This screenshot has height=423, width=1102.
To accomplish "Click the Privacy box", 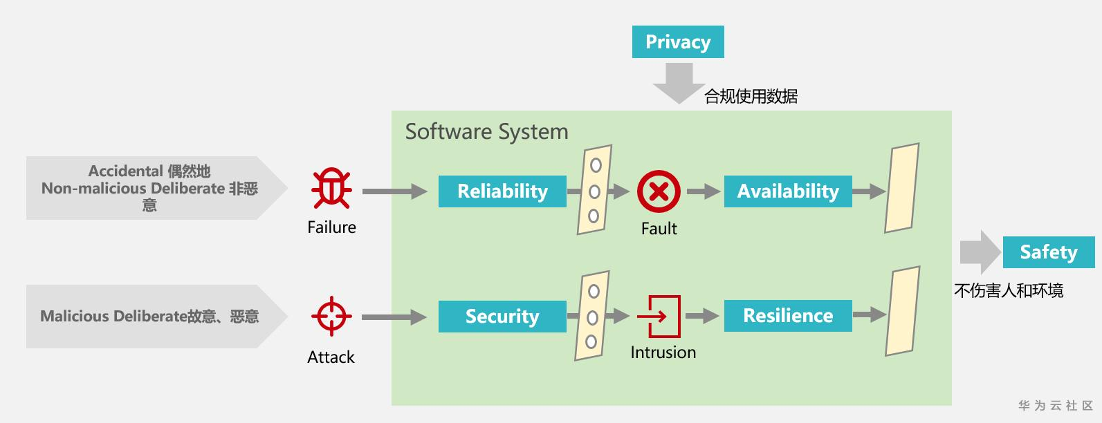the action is [678, 41].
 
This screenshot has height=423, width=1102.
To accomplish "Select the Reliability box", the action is [502, 191].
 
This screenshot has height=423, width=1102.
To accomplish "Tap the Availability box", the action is [788, 191].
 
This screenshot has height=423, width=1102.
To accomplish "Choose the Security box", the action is [502, 317].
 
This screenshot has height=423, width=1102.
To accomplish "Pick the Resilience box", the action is [788, 316].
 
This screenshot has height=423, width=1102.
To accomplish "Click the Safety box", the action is [1049, 252].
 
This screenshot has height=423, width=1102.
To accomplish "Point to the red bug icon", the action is [331, 189].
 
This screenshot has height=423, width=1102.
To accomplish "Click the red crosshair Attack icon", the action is [331, 317].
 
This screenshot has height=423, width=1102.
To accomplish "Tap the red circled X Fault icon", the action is [659, 191].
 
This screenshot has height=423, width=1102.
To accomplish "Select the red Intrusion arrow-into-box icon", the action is [659, 317].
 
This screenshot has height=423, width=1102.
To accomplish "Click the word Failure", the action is [331, 227].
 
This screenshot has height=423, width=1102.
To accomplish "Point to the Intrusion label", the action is [663, 352].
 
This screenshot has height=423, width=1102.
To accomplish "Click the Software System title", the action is [486, 131].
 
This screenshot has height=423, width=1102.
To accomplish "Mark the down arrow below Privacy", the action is [679, 83].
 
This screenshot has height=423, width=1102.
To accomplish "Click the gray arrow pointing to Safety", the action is [980, 252].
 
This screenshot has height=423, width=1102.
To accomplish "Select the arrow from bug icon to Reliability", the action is [395, 191].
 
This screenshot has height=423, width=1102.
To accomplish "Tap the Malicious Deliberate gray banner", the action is [157, 317].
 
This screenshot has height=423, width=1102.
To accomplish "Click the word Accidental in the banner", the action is [125, 171].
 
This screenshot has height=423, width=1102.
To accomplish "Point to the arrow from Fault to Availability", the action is [704, 191].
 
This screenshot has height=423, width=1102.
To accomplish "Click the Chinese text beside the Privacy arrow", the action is [751, 96].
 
